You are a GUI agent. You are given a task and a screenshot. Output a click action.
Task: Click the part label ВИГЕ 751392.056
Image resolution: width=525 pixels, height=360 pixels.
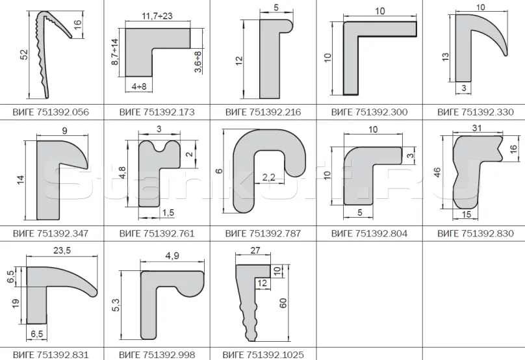51,112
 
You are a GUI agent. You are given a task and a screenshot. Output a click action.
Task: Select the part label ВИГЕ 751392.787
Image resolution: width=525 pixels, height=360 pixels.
263,233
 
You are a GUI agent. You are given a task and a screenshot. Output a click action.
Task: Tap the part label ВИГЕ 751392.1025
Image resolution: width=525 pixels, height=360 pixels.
263,355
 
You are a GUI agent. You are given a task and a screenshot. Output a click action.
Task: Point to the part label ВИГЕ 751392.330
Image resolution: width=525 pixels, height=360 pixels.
476,112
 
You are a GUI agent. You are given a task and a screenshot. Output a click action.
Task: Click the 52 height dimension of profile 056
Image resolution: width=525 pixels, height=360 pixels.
24,55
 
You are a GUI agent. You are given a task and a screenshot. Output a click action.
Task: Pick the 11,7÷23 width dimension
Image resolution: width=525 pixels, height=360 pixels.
157,16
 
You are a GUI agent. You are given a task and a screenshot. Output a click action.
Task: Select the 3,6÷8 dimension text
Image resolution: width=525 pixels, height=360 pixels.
198,62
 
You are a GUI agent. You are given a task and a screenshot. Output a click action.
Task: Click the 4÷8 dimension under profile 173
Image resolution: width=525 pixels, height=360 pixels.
139,86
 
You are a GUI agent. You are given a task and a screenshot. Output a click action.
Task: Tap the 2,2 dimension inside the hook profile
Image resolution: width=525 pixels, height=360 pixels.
268,177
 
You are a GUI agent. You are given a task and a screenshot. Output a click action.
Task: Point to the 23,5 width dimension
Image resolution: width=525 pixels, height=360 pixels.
62,250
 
